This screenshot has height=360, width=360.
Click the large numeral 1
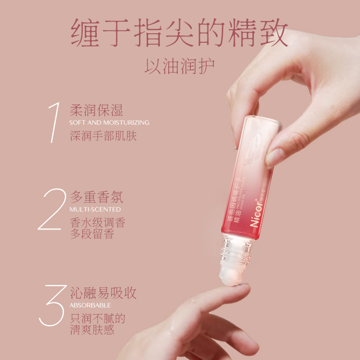(x=55, y=123)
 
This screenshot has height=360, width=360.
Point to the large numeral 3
(x=54, y=306)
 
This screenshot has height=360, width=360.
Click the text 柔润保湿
(x=97, y=110)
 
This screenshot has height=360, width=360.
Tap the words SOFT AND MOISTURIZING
(x=109, y=122)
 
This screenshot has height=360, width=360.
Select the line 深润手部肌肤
(x=103, y=135)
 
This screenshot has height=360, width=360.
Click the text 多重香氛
(x=97, y=197)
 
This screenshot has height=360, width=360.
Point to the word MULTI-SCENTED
(x=95, y=209)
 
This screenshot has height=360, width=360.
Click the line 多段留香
(x=92, y=234)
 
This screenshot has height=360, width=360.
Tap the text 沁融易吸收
(x=103, y=293)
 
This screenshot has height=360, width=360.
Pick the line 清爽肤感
(x=92, y=330)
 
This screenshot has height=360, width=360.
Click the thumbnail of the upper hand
(x=274, y=158)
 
